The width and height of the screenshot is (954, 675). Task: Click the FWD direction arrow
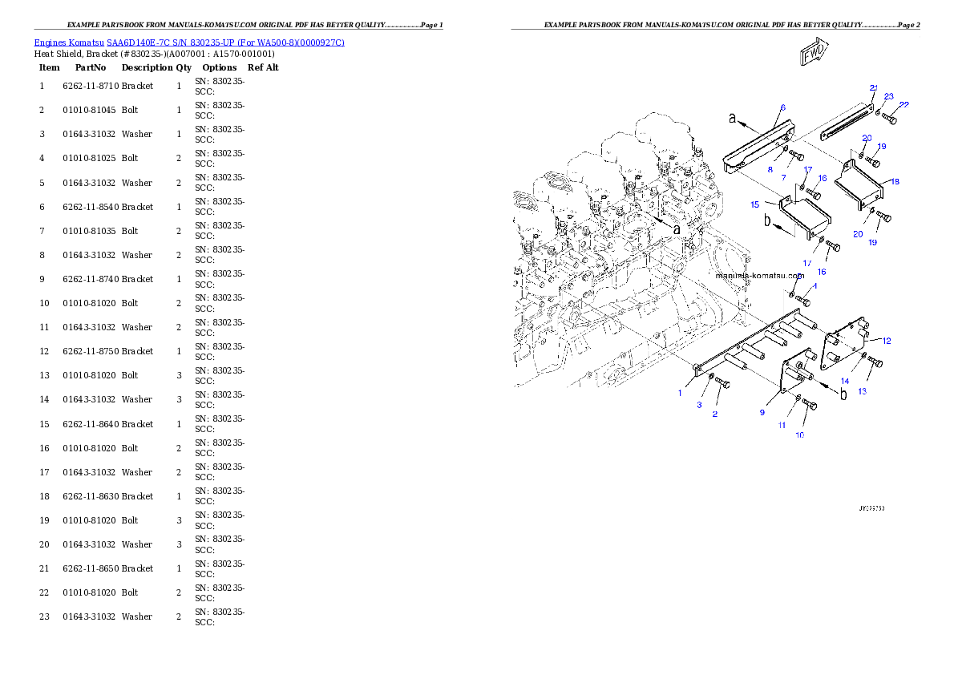click(x=814, y=55)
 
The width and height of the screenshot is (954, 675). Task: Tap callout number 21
click(x=874, y=87)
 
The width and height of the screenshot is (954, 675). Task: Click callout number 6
click(x=782, y=107)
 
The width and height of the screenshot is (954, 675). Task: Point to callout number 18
click(x=895, y=182)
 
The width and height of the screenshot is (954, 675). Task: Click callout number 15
click(x=754, y=205)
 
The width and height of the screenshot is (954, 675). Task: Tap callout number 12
click(x=886, y=341)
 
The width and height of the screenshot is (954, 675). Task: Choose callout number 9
click(x=762, y=412)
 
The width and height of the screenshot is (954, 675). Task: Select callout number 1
click(x=680, y=393)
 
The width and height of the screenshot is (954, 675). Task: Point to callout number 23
click(x=888, y=96)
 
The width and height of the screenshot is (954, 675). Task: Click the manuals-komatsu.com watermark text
click(x=758, y=274)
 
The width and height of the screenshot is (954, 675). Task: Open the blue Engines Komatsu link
click(x=189, y=42)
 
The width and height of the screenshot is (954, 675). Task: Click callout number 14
click(x=845, y=381)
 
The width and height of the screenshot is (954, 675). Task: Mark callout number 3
click(x=699, y=406)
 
